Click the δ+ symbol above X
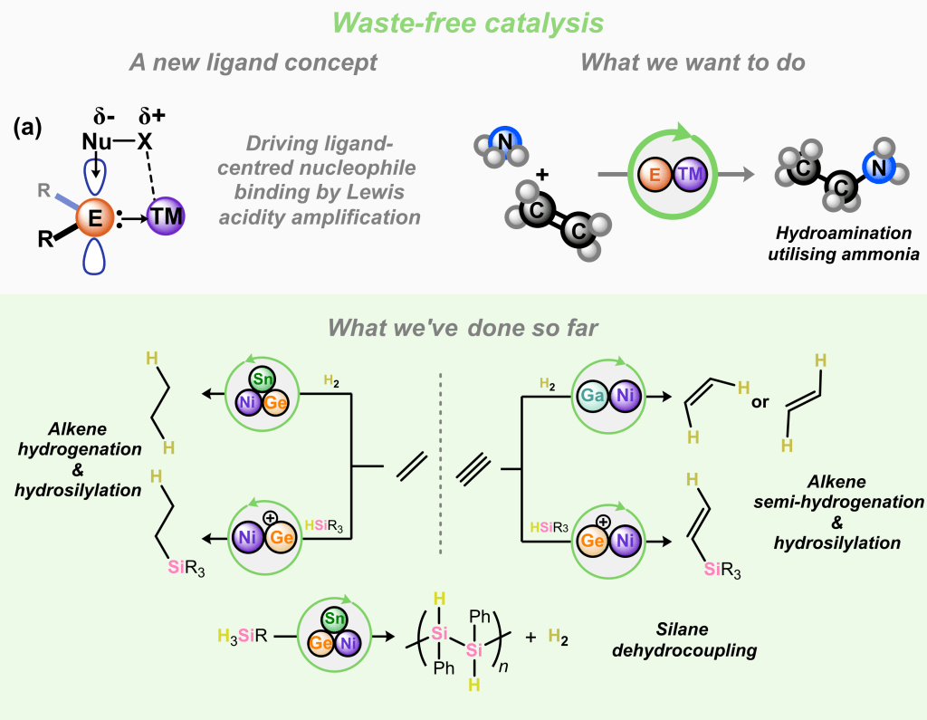(155, 117)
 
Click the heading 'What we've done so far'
(463, 327)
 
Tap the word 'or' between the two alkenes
(760, 402)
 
